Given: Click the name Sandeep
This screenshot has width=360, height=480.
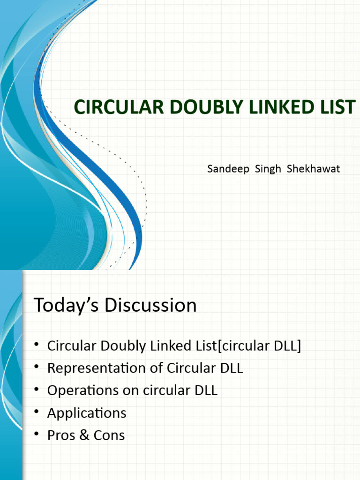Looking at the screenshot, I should pos(228,169).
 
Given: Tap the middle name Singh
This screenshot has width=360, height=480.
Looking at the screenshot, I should pos(268,169).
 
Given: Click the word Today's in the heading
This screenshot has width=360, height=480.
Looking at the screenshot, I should pos(66,306).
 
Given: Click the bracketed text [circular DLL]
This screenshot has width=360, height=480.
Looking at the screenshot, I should pos(260,346).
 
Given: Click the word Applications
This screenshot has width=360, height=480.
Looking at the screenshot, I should pos(87,413).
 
